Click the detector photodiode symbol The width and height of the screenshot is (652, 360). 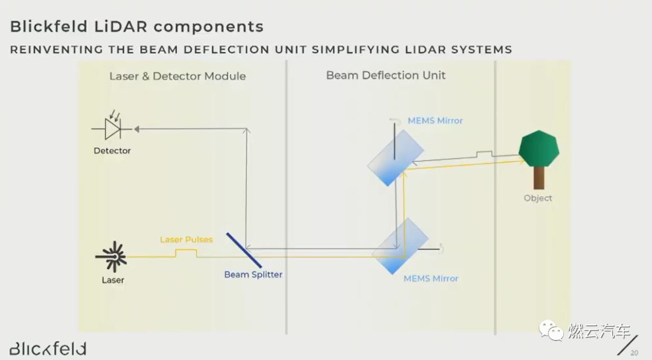pos(112,128)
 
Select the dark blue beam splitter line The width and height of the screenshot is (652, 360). pos(244,250)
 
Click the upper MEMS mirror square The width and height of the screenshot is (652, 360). pos(395,158)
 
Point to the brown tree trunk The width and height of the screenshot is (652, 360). pos(539,178)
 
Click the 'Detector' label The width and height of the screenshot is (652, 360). pos(112,150)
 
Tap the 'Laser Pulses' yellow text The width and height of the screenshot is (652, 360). pos(186,240)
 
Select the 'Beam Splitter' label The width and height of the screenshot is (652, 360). pos(253,274)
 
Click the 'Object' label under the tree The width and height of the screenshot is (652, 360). pos(538,198)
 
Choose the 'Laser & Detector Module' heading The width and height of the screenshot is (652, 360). pos(177,76)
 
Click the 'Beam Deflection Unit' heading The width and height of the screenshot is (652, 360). pos(386,76)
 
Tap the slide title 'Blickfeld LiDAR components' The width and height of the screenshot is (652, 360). pos(137,27)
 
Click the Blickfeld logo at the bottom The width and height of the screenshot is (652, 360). pos(48,349)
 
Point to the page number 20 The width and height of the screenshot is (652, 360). pos(634,353)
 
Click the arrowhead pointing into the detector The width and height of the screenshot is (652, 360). pos(136,128)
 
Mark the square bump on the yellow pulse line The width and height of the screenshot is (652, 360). pos(187,254)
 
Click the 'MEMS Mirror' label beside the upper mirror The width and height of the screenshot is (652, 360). pos(435,121)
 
